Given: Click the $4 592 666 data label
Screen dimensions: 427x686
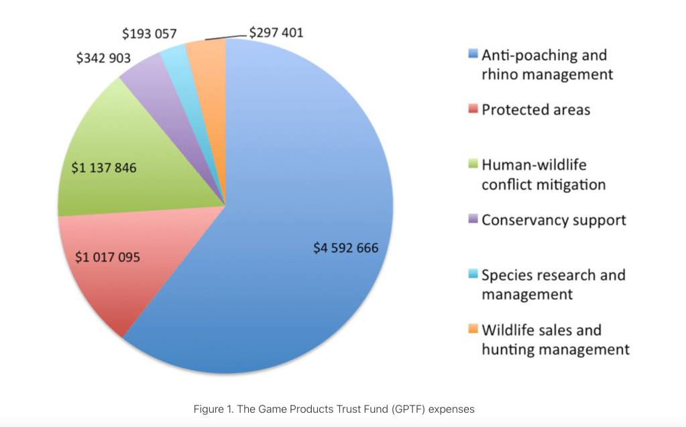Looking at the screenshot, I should click(346, 248).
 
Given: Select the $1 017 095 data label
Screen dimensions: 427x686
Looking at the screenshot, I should click(107, 257).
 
